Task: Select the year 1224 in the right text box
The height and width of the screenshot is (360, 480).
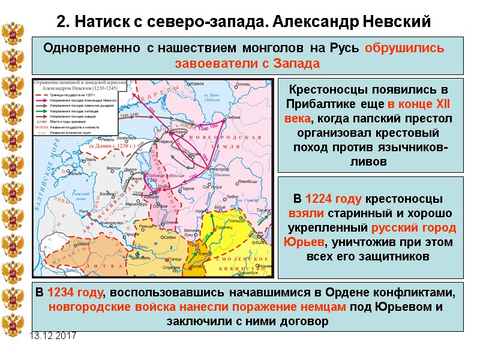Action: point(317,199)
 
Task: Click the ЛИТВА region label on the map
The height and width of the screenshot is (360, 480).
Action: point(91,265)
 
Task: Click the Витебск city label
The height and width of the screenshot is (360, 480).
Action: point(202,259)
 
